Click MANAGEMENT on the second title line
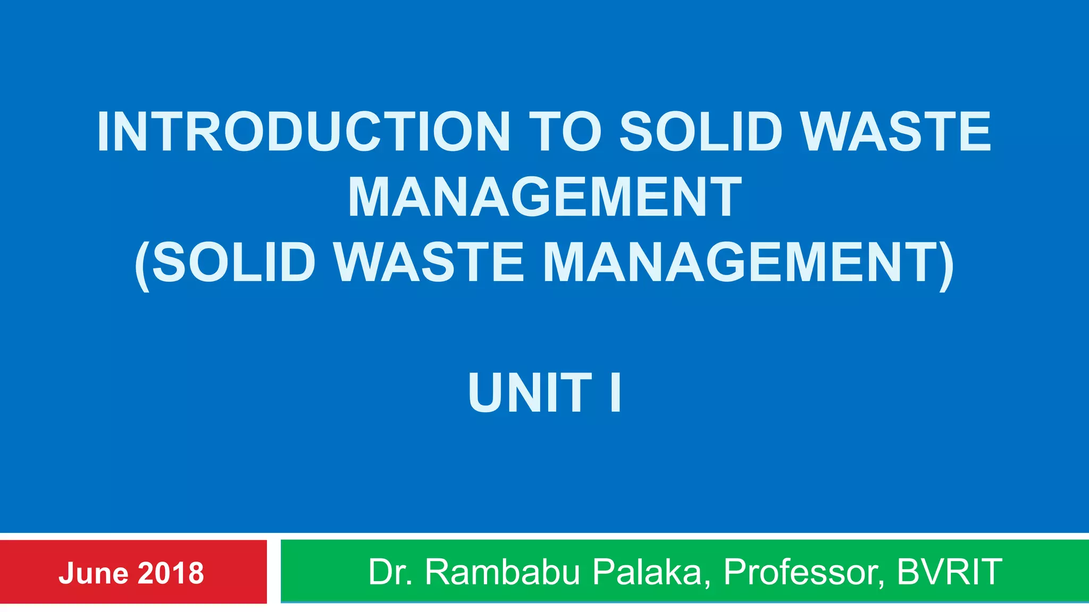click(x=544, y=198)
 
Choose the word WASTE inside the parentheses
click(x=430, y=262)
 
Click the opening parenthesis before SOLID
click(x=142, y=265)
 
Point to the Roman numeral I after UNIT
click(x=615, y=393)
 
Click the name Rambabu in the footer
click(x=502, y=572)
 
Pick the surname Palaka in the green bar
click(x=651, y=572)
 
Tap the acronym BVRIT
click(x=950, y=572)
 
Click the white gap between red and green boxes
click(x=274, y=572)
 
